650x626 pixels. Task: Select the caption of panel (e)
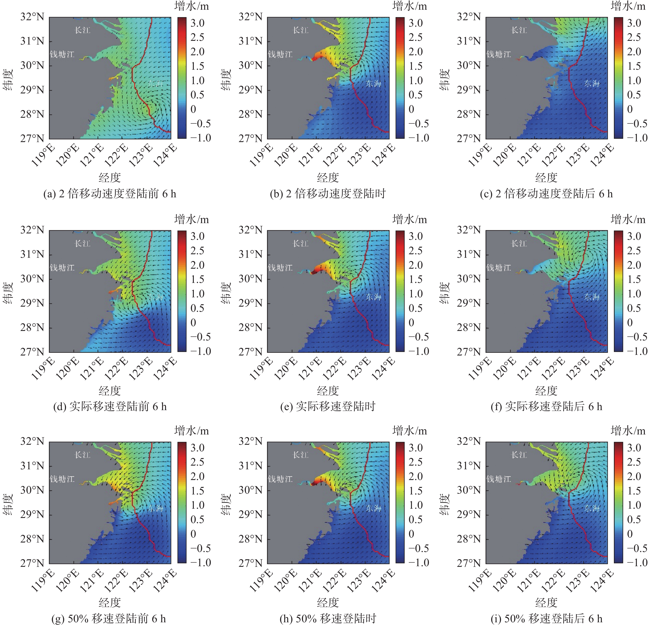pyautogui.click(x=328, y=406)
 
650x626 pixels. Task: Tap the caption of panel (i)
pyautogui.click(x=546, y=618)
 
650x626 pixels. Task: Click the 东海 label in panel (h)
pyautogui.click(x=373, y=508)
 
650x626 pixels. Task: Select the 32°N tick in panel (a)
pyautogui.click(x=32, y=17)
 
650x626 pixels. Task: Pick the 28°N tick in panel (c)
pyautogui.click(x=469, y=114)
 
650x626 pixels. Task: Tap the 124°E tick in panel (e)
pyautogui.click(x=383, y=369)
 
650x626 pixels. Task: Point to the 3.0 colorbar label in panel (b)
pyautogui.click(x=416, y=23)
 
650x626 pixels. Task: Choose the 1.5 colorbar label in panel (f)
pyautogui.click(x=634, y=279)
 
